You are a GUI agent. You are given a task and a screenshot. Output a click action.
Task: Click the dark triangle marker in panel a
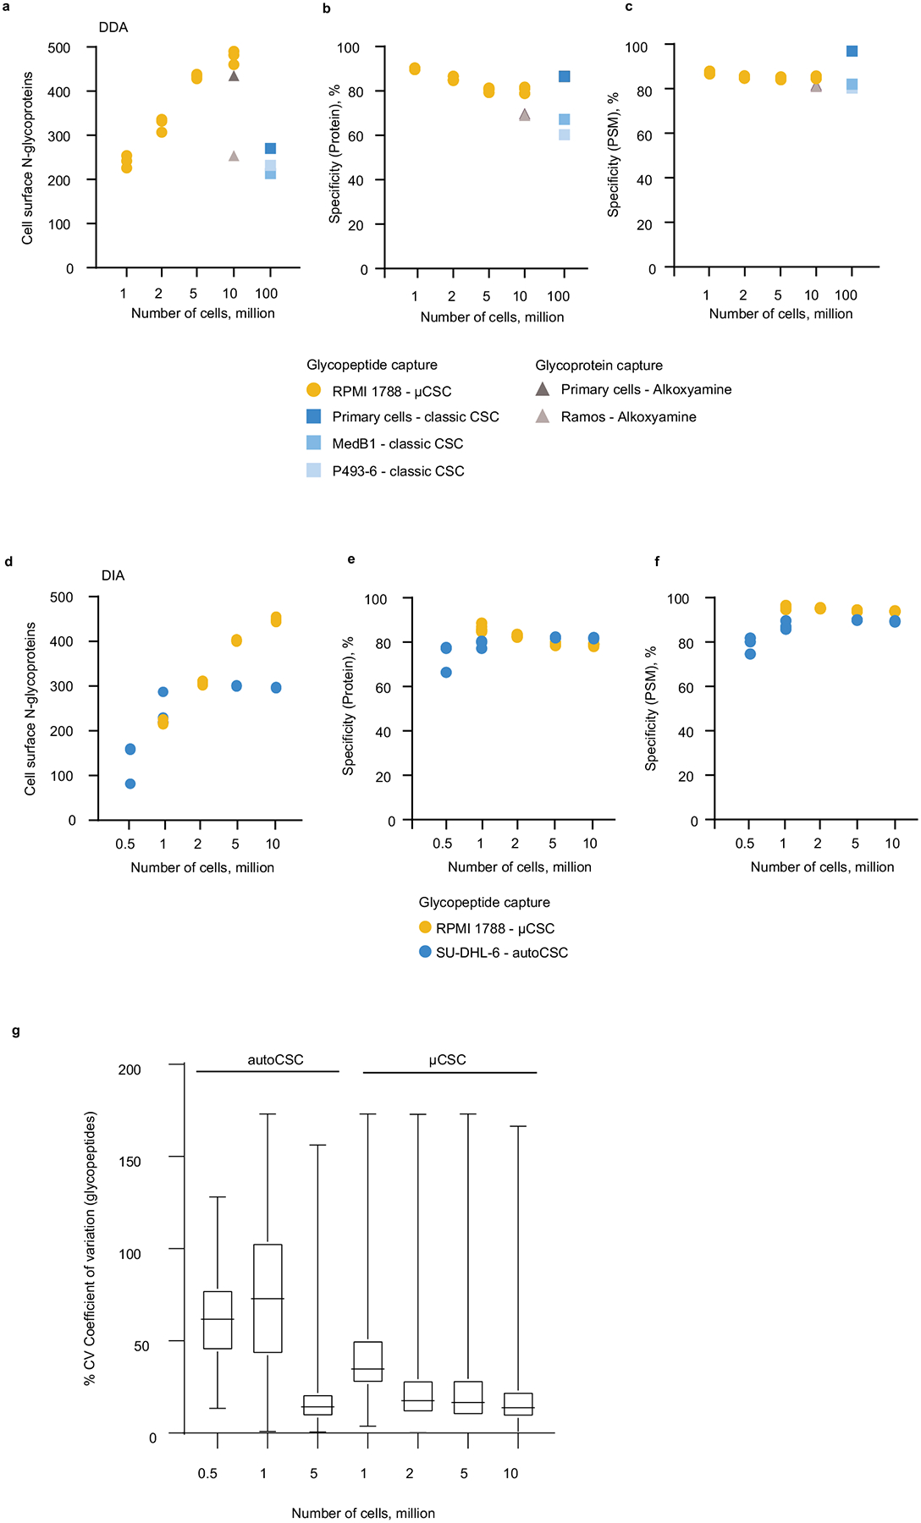[234, 76]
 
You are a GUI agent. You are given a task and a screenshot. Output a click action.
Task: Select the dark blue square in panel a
[270, 149]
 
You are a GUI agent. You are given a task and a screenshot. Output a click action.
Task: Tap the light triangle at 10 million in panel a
[234, 156]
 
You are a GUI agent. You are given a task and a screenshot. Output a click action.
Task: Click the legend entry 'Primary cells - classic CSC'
[415, 416]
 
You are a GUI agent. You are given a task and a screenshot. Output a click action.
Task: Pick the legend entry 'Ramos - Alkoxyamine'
[628, 416]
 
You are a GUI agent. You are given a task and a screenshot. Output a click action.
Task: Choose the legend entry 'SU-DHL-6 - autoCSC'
[501, 952]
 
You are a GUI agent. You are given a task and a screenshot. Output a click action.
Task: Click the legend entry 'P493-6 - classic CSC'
[398, 470]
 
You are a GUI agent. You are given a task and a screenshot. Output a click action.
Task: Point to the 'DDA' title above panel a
[113, 27]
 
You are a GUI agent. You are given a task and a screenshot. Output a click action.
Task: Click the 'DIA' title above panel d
[113, 575]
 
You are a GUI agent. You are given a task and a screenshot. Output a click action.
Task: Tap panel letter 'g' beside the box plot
[16, 1031]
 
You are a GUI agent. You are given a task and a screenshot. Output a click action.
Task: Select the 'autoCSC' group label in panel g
[275, 1059]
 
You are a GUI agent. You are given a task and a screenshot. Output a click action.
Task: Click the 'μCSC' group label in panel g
[447, 1059]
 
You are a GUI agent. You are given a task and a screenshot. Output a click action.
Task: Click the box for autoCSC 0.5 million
[218, 1320]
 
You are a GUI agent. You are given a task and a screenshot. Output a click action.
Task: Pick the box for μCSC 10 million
[517, 1404]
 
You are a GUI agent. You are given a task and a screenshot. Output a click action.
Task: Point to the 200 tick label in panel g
[130, 1069]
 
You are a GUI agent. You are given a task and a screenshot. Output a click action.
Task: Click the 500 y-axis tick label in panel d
[62, 597]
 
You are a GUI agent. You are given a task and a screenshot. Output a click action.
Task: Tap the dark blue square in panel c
[852, 52]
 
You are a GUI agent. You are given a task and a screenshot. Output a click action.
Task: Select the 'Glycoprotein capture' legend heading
[598, 366]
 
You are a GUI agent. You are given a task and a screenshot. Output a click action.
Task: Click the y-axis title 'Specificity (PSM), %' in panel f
[651, 708]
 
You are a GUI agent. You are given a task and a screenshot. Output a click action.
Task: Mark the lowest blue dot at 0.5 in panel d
[130, 783]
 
